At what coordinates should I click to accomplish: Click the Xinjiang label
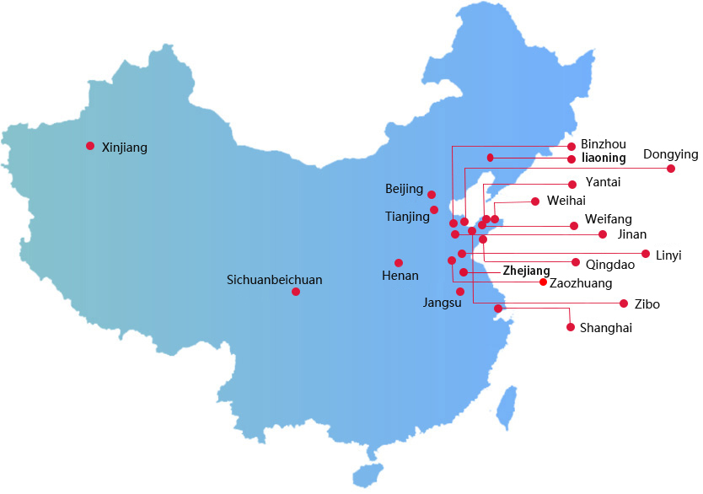(x=124, y=148)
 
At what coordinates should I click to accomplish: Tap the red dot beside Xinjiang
(x=90, y=146)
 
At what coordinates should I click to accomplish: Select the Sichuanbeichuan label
(x=275, y=280)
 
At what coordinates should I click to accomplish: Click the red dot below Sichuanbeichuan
(x=296, y=292)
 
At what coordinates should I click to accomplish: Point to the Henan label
(x=400, y=276)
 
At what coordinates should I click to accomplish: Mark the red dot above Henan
(x=399, y=263)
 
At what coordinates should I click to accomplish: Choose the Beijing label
(x=404, y=189)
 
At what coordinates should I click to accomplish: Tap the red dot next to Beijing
(x=432, y=195)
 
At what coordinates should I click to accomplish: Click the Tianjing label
(x=407, y=217)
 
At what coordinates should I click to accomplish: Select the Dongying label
(x=671, y=154)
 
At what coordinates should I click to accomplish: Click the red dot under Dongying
(x=671, y=169)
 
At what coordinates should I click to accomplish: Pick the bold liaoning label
(x=604, y=158)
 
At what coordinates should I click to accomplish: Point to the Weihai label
(x=566, y=201)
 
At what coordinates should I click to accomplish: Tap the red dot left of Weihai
(x=535, y=201)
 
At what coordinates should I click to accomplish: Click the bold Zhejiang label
(x=526, y=271)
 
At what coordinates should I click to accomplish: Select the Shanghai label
(x=606, y=328)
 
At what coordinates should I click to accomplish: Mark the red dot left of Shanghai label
(x=571, y=327)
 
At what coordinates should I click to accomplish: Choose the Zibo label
(x=647, y=304)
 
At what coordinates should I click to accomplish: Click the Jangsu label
(x=442, y=303)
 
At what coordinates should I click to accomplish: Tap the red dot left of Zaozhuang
(x=543, y=282)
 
